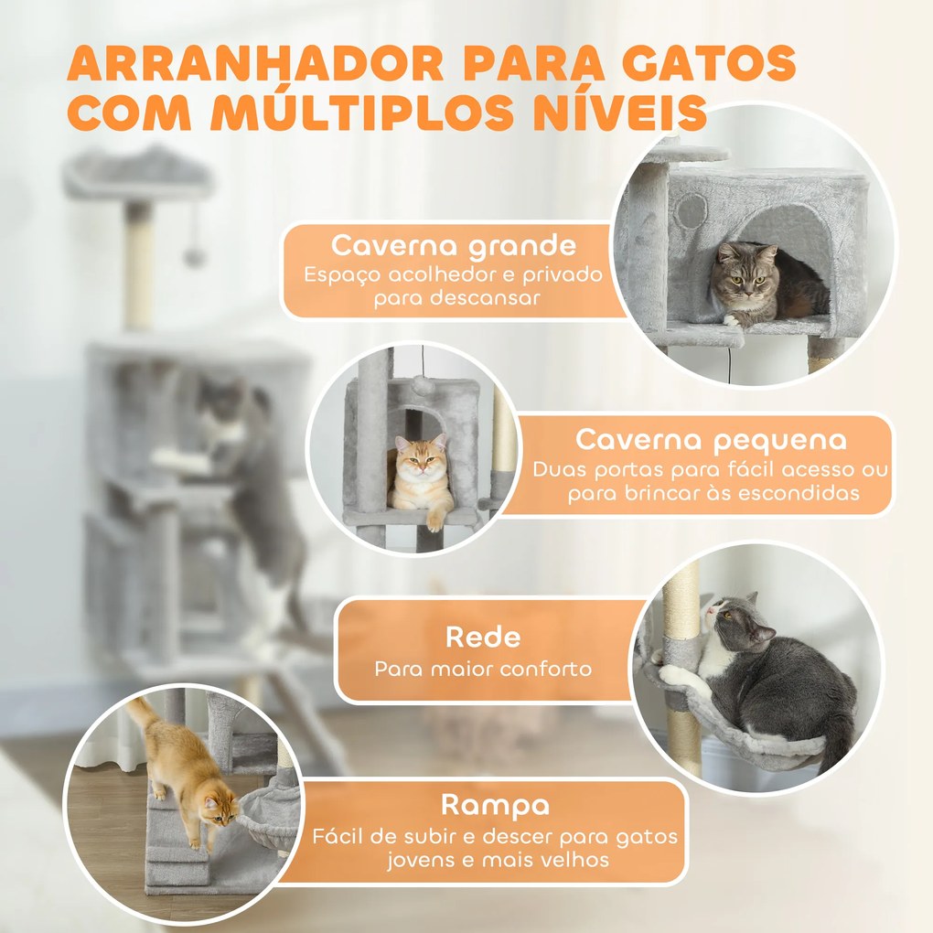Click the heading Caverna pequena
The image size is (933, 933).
click(711, 440)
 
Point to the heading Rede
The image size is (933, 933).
click(482, 637)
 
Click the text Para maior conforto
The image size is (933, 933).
click(482, 669)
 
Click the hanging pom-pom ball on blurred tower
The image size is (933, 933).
click(194, 256)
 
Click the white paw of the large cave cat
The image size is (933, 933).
click(733, 319)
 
